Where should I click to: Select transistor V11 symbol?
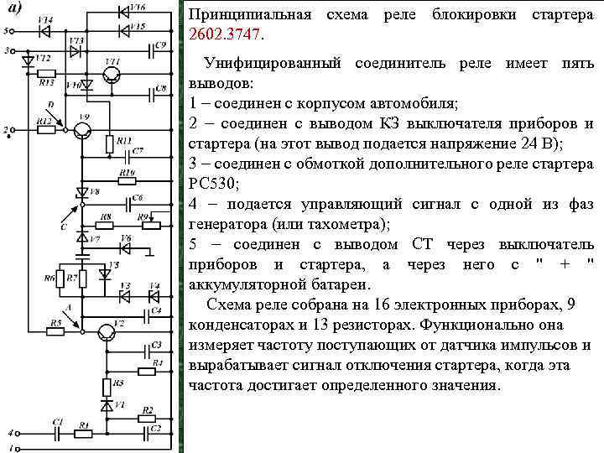click(112, 76)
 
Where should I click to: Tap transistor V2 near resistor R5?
click(105, 333)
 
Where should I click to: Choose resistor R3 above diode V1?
click(107, 387)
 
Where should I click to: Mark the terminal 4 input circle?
click(9, 433)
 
